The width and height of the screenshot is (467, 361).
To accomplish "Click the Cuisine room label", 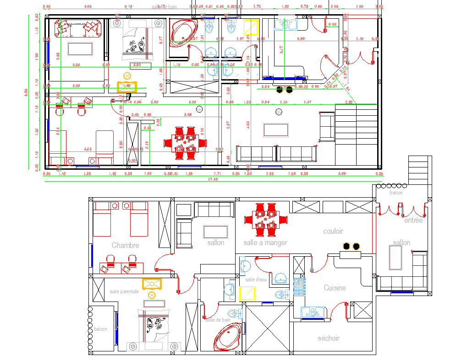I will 335,288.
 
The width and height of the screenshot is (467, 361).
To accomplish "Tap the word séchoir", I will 329,338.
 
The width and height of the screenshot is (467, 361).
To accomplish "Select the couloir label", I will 333,232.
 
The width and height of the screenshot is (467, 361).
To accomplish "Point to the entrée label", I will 413,221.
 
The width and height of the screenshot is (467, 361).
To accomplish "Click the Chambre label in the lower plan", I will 125,245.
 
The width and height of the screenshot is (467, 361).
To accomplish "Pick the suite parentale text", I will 124,291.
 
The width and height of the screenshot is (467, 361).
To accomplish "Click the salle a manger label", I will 265,242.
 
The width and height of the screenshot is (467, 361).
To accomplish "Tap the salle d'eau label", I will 255,280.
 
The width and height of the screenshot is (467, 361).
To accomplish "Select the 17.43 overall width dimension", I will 213,179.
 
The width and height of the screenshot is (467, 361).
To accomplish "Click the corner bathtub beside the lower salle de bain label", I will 227,337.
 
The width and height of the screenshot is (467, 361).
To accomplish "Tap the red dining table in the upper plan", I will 185,142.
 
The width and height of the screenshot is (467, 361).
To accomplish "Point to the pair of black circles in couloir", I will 351,247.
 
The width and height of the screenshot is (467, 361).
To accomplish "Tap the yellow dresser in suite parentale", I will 152,284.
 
